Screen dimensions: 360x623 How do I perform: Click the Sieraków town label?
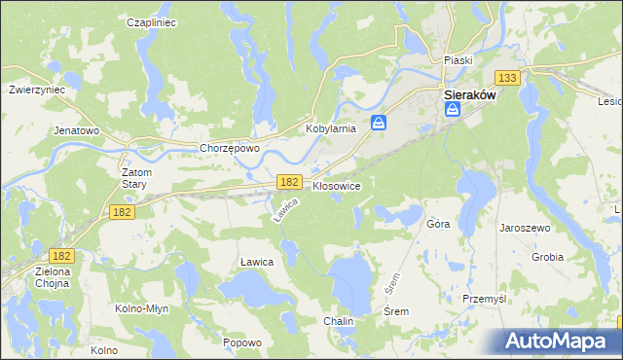pos(471,96)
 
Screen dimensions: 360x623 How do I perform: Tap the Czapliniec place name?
pos(150,22)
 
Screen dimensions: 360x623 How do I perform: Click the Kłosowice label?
pos(337,185)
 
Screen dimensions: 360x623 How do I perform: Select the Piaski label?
pos(458,60)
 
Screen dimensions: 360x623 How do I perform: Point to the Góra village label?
pos(438,224)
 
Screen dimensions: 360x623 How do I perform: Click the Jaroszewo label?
pos(525,227)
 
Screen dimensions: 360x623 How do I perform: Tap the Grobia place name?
pos(547,258)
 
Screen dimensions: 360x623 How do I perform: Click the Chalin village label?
pos(339,321)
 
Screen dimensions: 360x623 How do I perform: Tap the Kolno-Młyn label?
pos(144,308)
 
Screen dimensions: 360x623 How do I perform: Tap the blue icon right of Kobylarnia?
pos(381,123)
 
